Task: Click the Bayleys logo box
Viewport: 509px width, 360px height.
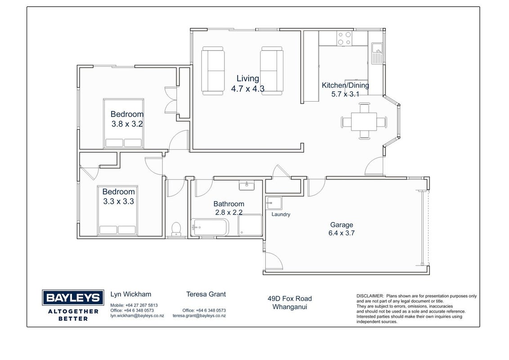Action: pos(73,297)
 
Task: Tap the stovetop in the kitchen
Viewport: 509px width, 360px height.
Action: pos(344,38)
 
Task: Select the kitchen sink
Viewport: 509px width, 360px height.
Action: pos(377,53)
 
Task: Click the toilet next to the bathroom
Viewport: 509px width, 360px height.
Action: pos(176,229)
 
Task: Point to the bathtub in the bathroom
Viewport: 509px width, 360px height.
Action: pos(210,227)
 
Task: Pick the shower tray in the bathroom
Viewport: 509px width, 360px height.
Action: pos(250,225)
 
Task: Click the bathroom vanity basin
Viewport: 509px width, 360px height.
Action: pos(247,185)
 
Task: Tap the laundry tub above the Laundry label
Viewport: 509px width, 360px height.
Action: pos(274,203)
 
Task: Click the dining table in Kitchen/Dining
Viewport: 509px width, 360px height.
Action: pos(364,121)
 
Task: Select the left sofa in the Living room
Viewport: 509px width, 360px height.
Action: pos(213,71)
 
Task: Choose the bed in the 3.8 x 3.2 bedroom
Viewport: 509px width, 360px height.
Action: pos(123,123)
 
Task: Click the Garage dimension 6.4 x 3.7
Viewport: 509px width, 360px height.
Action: pos(341,233)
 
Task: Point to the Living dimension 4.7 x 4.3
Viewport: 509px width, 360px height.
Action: pos(248,88)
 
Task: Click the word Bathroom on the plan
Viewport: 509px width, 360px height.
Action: pos(229,204)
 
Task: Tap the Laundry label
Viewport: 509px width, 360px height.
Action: pos(281,215)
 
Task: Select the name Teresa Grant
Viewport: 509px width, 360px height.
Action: pos(206,294)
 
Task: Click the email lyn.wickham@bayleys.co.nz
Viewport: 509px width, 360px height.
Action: pos(137,315)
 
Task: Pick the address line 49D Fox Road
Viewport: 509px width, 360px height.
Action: pos(290,298)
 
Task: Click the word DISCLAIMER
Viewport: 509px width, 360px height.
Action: pos(370,296)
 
